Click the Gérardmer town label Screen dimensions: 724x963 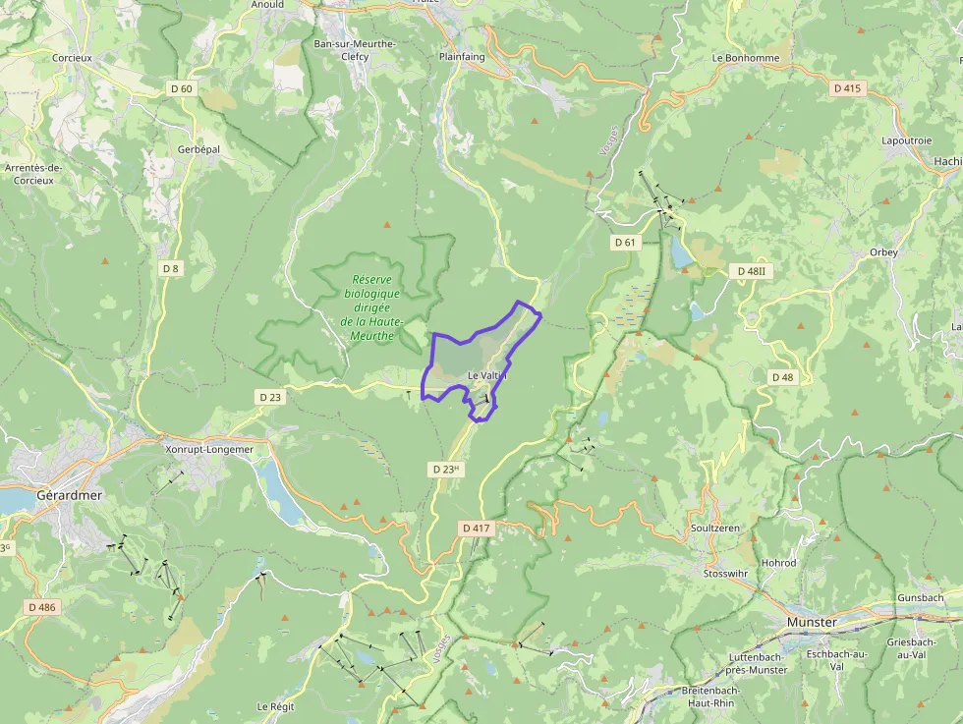68,495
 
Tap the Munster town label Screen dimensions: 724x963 812,623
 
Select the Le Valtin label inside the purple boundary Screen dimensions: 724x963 487,376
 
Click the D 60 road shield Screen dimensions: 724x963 182,88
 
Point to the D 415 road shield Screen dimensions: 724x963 846,88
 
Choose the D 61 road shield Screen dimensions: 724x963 626,242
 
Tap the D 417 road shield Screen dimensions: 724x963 476,528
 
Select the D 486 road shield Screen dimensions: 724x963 42,607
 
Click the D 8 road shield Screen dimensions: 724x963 171,268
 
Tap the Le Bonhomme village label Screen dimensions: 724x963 745,58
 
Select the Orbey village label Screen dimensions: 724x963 883,252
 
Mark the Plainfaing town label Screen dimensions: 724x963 462,57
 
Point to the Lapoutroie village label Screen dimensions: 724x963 906,140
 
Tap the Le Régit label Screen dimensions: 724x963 276,706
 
